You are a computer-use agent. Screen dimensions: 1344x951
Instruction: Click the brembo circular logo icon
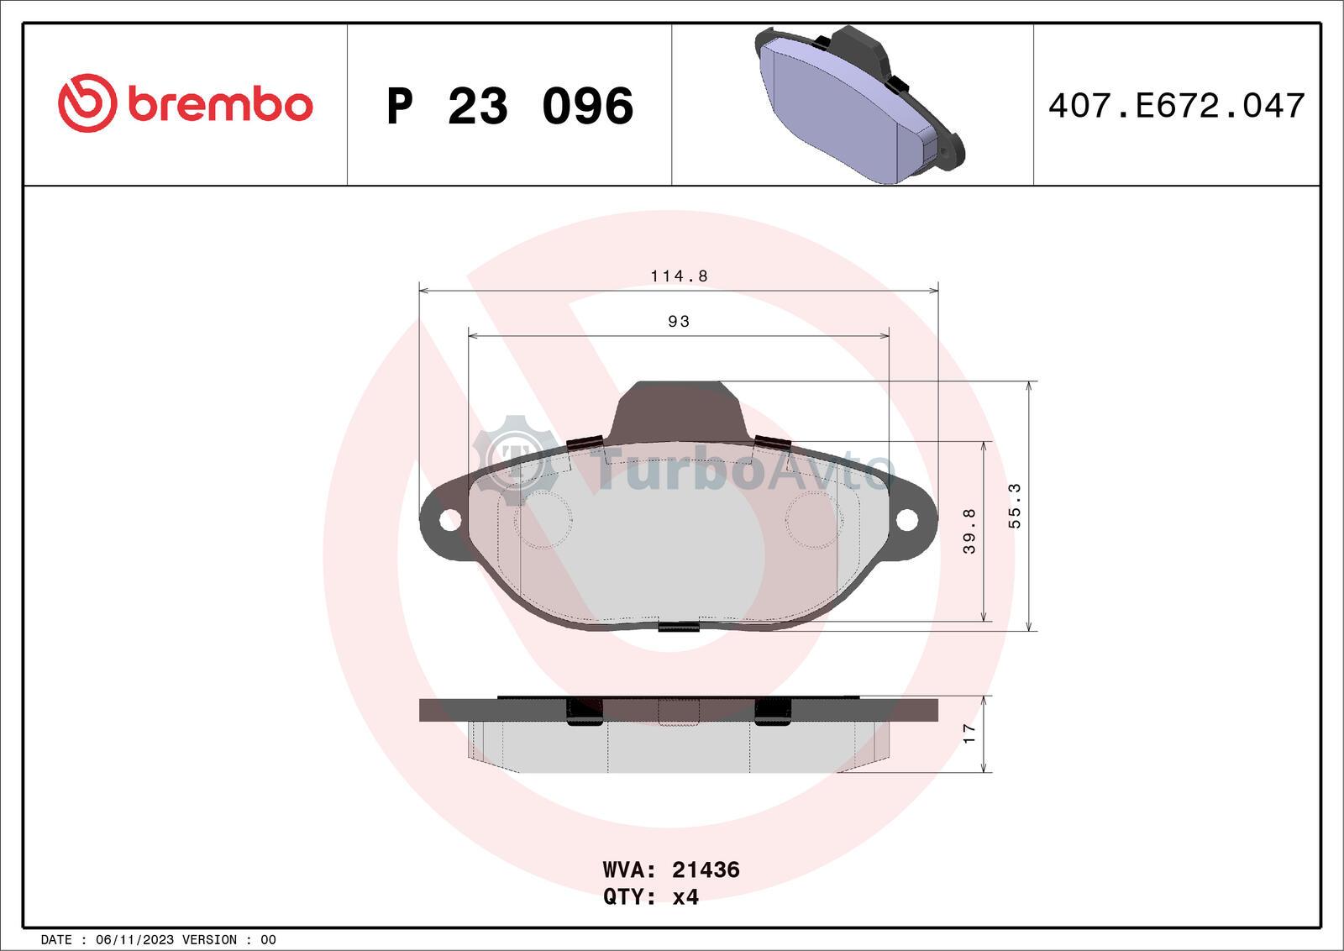click(87, 103)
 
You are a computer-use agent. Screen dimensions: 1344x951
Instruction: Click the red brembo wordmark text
click(220, 105)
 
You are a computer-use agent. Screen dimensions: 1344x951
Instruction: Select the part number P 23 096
click(510, 106)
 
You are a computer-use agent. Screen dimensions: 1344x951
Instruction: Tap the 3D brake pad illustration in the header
click(859, 104)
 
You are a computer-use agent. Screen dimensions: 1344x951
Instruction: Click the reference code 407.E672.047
click(1176, 106)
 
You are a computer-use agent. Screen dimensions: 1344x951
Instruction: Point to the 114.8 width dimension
click(680, 276)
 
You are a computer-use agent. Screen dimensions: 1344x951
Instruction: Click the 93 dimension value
click(679, 322)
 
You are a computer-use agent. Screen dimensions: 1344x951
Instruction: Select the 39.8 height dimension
click(969, 531)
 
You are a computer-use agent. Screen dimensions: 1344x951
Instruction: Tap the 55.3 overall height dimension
click(1014, 506)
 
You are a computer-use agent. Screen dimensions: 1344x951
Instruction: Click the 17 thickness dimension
click(969, 733)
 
